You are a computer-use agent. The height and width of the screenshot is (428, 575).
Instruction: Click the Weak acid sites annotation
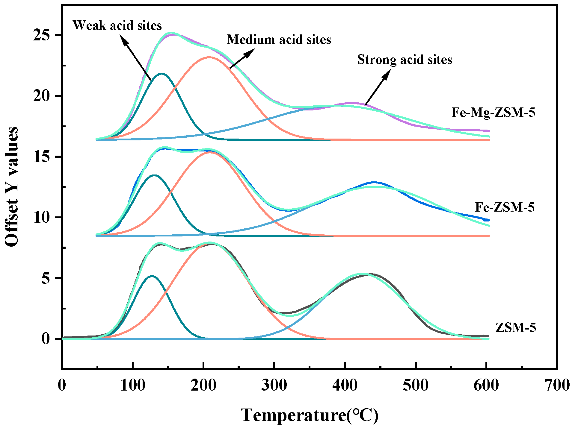tap(117, 25)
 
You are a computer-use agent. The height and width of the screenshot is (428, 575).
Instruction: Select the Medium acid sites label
tap(279, 40)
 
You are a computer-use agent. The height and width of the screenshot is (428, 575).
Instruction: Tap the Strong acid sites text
tap(405, 60)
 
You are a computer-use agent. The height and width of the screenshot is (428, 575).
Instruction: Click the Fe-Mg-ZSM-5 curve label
tap(493, 113)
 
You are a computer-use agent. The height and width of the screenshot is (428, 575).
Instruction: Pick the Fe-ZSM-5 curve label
tap(505, 207)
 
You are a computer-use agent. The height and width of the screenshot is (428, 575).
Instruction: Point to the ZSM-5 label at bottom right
tap(515, 327)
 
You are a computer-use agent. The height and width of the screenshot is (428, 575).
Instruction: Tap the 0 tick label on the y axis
tap(46, 339)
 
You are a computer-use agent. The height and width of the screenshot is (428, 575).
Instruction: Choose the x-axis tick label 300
tap(274, 385)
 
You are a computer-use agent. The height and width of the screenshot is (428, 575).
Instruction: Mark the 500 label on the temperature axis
tap(416, 385)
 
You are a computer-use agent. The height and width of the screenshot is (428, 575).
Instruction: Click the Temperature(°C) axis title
tap(310, 415)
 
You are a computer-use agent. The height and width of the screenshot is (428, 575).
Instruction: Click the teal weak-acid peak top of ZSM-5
tap(152, 276)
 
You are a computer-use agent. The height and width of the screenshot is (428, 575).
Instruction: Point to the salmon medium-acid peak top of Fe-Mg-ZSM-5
tap(209, 57)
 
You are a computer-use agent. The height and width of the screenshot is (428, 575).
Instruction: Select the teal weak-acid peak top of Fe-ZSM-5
tap(154, 175)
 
